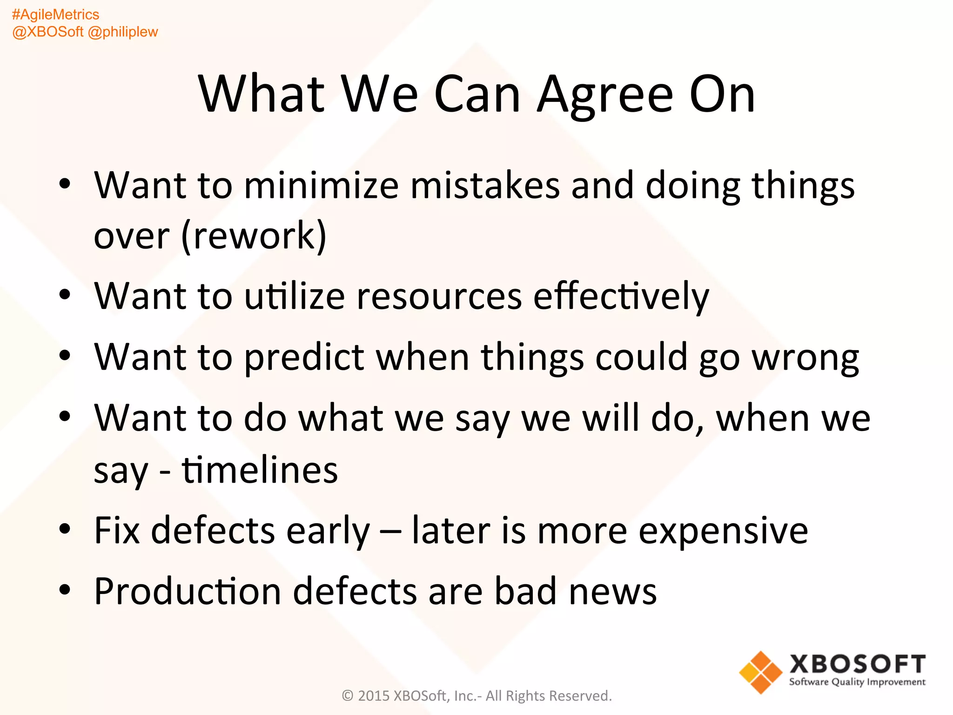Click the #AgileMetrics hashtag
click(x=55, y=15)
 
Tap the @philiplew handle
click(x=123, y=32)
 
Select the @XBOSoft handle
click(x=47, y=32)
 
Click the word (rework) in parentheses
click(x=254, y=236)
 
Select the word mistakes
click(x=485, y=185)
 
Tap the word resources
click(x=439, y=296)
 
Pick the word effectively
click(x=621, y=296)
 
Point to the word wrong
click(x=805, y=357)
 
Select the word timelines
click(x=260, y=470)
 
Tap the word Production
click(x=188, y=591)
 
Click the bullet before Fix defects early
click(x=65, y=529)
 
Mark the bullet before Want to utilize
click(x=65, y=294)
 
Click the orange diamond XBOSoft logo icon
click(x=760, y=672)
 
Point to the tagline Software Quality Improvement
click(x=857, y=682)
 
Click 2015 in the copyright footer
click(x=374, y=695)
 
